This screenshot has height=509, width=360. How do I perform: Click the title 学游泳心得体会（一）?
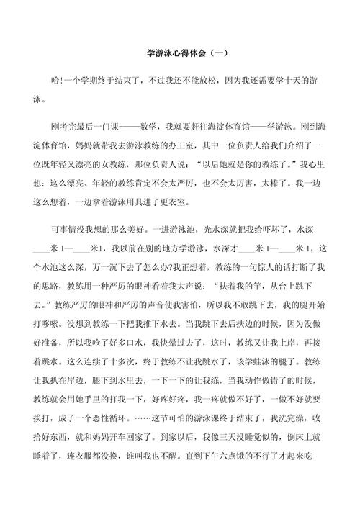point(180,53)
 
